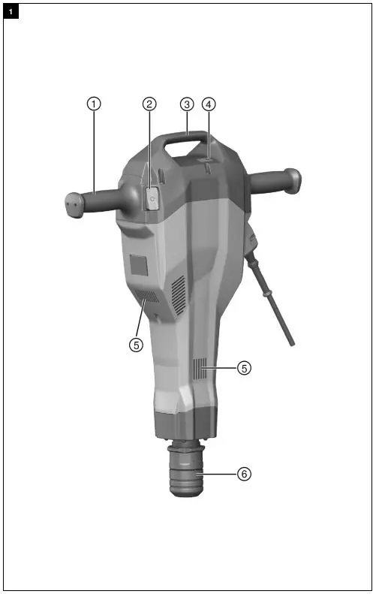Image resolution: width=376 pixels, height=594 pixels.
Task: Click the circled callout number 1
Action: tap(94, 104)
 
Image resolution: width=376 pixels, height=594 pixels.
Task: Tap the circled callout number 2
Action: tap(149, 104)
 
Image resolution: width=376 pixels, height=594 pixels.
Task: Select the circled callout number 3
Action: tap(187, 104)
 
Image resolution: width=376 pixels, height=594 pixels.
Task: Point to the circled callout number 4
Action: tap(209, 104)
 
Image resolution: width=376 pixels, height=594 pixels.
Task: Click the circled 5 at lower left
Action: tap(136, 345)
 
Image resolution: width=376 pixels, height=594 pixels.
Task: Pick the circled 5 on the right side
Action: tap(244, 368)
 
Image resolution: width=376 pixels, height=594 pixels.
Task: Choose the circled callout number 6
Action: tap(244, 474)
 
